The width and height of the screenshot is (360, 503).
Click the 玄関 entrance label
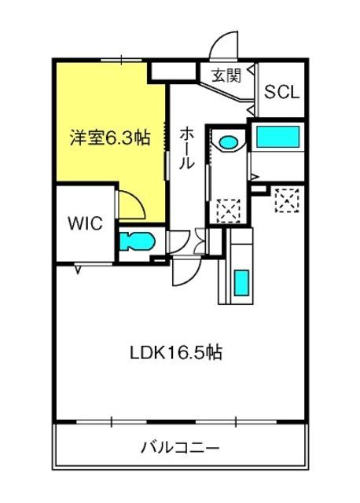coord(226,75)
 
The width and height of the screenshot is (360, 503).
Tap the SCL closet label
coord(281,92)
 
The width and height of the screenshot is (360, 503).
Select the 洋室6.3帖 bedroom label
coord(110,138)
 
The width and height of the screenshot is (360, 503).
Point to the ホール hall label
coord(186,148)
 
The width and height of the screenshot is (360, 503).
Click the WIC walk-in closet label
coord(86,223)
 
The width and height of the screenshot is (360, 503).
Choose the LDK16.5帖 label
coord(176,352)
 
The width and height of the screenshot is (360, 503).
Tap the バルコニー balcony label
coord(180,447)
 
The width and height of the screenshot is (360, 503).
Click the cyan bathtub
coord(278,137)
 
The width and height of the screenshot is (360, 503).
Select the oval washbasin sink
coord(229,142)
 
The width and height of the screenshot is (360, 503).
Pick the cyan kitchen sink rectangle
coord(241,283)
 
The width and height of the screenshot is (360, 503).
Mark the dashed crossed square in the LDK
coord(287,200)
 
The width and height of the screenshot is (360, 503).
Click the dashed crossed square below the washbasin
coord(229,211)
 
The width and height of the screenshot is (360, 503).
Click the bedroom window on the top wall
coord(121,60)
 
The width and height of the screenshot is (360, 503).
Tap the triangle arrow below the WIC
coord(78,270)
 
